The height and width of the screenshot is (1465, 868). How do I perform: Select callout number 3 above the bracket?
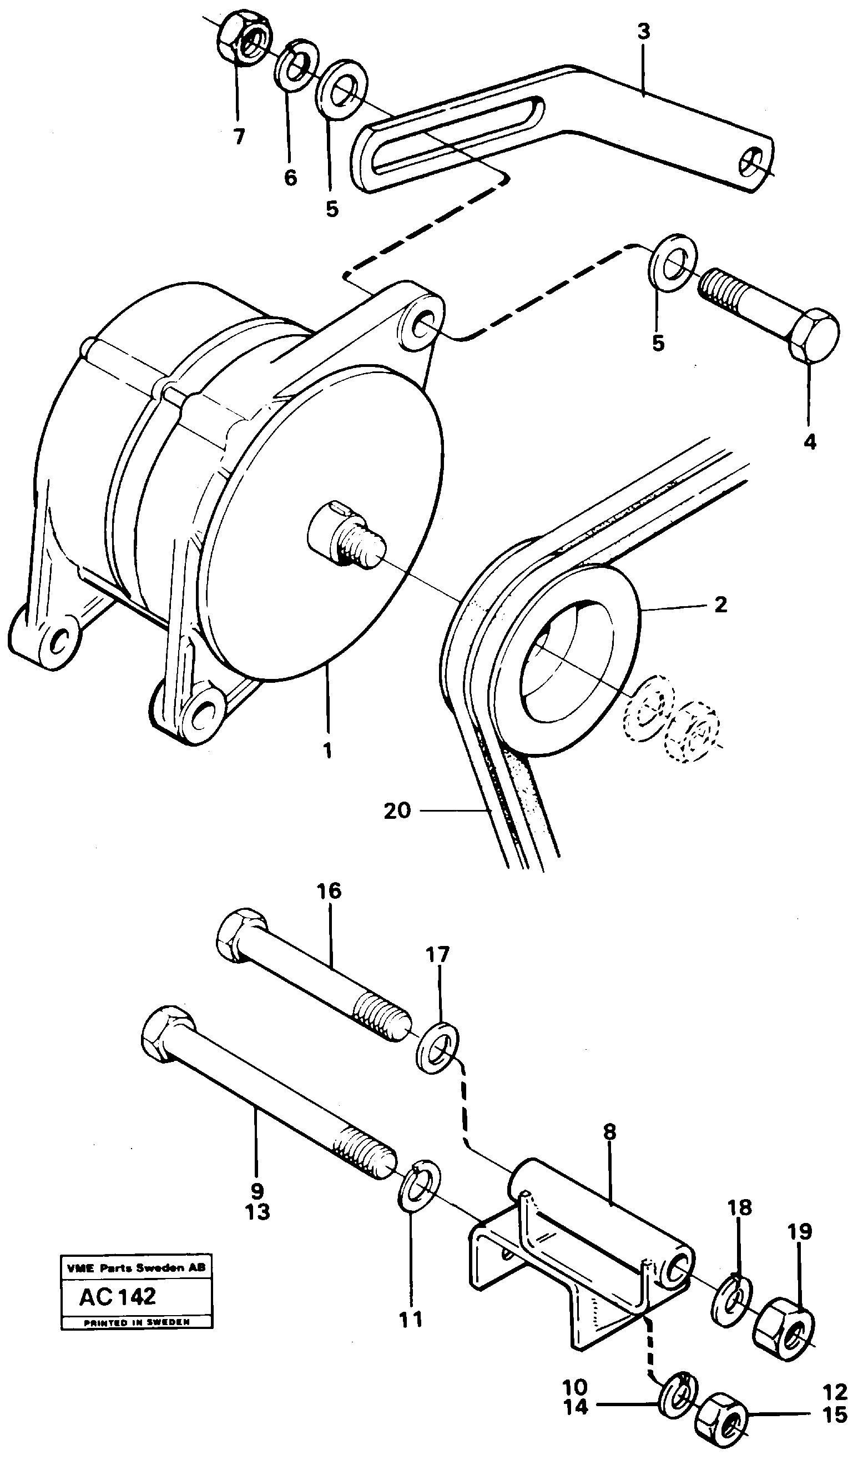click(x=643, y=32)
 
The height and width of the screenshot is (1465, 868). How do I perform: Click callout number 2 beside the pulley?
click(x=720, y=605)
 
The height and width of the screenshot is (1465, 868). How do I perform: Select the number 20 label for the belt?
click(x=397, y=811)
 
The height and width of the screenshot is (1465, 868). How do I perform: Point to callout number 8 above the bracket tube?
click(x=609, y=1131)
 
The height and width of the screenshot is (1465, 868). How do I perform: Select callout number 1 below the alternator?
click(x=327, y=750)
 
